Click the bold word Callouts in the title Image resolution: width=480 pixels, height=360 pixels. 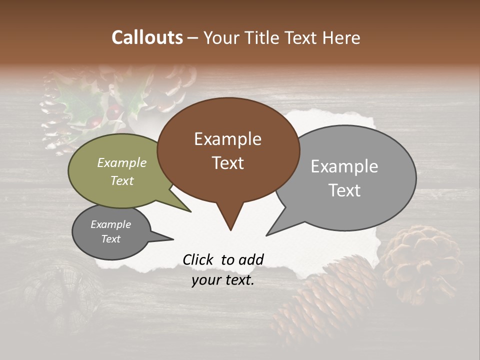[x=147, y=37]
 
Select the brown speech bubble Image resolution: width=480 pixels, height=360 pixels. [x=228, y=150]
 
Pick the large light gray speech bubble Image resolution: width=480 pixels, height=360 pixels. [x=350, y=177]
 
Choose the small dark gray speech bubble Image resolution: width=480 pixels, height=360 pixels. [x=110, y=232]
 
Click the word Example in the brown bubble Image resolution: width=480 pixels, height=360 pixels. [x=227, y=139]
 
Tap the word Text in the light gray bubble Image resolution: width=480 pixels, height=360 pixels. [x=344, y=190]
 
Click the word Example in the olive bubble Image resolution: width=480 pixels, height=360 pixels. [x=122, y=163]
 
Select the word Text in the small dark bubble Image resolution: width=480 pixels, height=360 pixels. [x=111, y=239]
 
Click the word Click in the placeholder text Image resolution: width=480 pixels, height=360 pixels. [x=199, y=259]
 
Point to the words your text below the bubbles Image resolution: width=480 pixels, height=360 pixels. [x=223, y=280]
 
